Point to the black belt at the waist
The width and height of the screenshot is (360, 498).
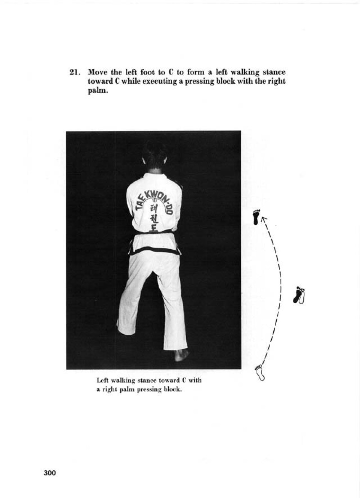(x=155, y=250)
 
